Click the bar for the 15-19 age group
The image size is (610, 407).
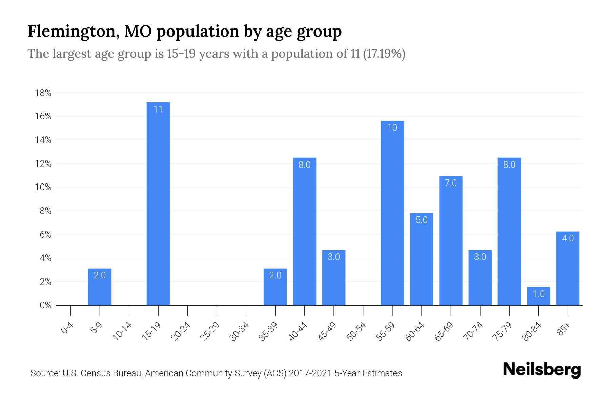[158, 203]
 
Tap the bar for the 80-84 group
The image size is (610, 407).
[538, 296]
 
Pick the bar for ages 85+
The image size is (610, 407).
[568, 268]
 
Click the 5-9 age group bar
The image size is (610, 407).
[100, 287]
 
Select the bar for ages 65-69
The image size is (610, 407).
[451, 241]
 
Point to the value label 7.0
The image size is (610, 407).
[451, 183]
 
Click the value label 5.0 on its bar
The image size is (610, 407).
[422, 220]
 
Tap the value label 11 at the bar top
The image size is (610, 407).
[158, 110]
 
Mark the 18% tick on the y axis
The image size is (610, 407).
[43, 93]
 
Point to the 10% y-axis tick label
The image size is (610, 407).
[43, 187]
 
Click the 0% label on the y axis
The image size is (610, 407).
[45, 305]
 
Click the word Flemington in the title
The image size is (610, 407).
[72, 32]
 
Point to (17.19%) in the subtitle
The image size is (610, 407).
[384, 54]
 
